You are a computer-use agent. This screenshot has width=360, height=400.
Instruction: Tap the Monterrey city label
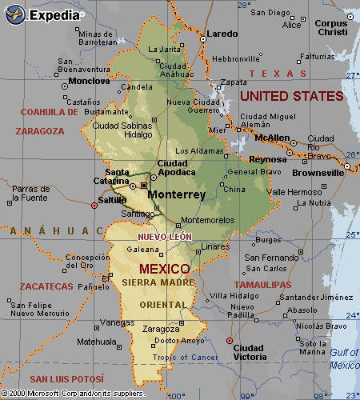click(177, 194)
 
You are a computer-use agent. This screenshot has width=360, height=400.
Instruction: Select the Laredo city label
click(222, 34)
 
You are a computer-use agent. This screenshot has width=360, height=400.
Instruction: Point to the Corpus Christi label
click(330, 29)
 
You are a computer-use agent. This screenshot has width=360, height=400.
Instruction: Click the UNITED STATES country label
click(291, 96)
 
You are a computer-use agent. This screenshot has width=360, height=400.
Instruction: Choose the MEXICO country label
click(164, 268)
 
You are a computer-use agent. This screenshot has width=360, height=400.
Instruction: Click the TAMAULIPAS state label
click(262, 284)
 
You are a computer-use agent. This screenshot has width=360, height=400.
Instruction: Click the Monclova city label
click(89, 81)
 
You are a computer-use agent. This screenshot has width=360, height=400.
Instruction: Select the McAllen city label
click(274, 138)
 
